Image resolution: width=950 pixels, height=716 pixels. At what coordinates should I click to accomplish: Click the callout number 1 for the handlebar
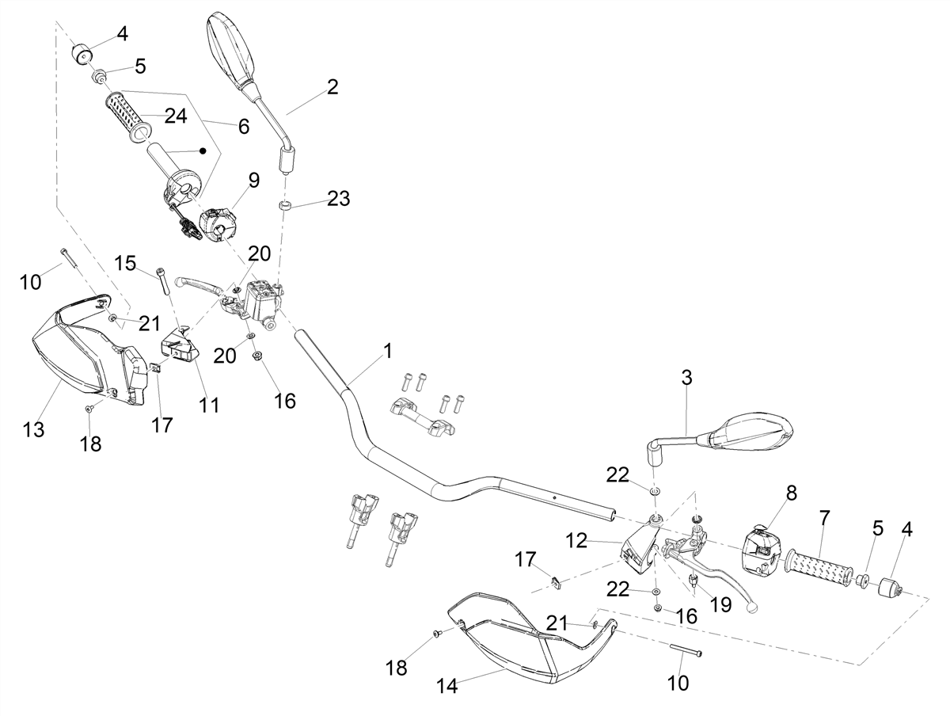tap(388, 351)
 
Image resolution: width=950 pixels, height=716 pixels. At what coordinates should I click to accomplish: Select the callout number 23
tap(338, 199)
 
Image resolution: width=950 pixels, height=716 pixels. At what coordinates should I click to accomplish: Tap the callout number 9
tap(254, 180)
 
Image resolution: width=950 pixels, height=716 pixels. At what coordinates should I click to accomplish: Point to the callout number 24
tap(176, 116)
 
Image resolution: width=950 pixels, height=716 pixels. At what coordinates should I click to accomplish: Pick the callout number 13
tap(33, 429)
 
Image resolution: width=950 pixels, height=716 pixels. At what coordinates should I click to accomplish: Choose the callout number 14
tap(446, 686)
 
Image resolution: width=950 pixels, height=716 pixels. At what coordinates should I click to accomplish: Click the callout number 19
tap(720, 604)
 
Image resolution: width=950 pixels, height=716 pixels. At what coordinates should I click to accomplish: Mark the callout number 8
tap(791, 493)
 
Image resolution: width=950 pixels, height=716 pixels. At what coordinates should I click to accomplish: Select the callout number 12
tap(576, 540)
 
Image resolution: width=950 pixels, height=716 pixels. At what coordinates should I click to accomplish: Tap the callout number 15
tap(125, 263)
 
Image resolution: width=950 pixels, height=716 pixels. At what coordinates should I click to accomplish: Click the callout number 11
tap(209, 406)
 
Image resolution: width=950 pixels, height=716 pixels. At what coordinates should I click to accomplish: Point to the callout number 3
tap(686, 378)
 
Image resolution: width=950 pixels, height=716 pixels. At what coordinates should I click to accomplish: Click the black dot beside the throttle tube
tap(202, 150)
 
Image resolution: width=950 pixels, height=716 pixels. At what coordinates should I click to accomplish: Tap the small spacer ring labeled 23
tap(284, 205)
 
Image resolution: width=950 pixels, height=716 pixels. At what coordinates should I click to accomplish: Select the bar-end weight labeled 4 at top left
tap(82, 54)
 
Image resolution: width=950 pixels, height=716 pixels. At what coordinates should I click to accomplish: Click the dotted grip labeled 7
tap(819, 570)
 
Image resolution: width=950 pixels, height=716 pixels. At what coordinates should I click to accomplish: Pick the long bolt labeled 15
tap(163, 280)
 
